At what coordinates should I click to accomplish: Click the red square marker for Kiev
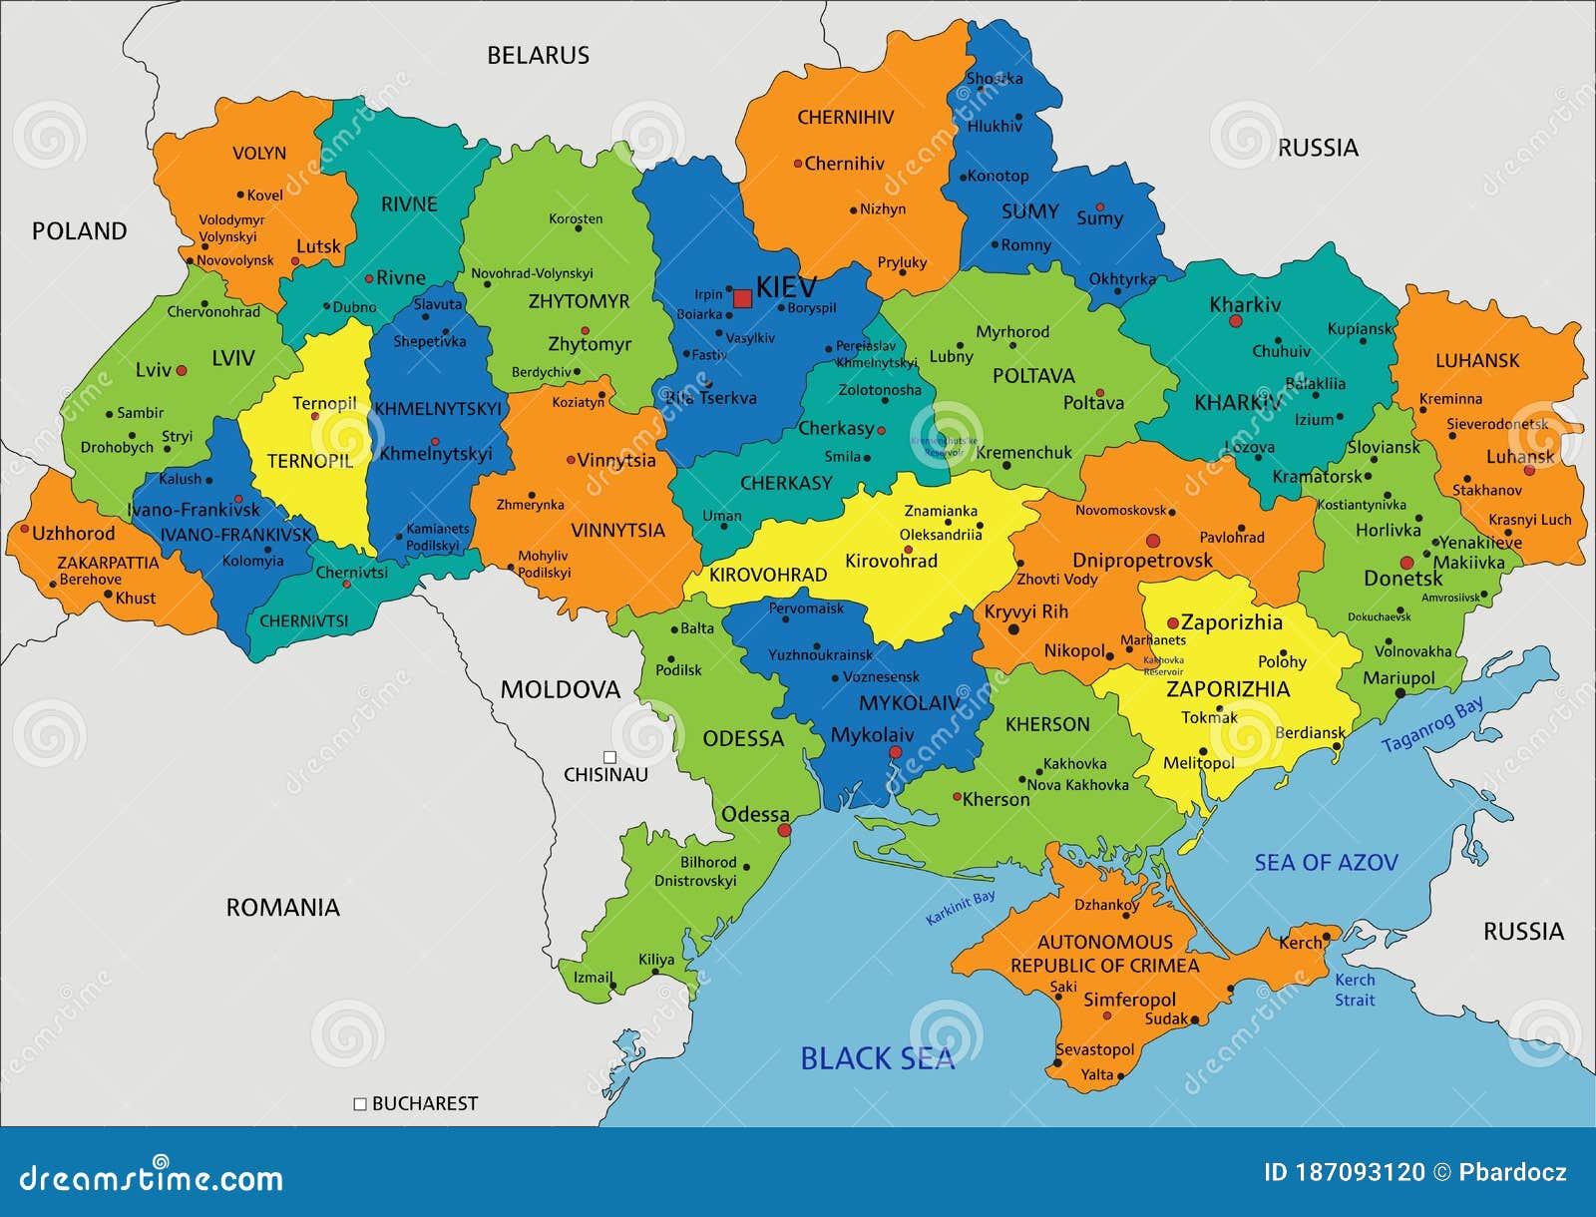coord(742,298)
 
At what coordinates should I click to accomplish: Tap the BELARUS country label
coord(538,56)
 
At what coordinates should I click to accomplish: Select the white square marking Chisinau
coord(609,757)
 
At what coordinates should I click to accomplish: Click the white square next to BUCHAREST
coord(360,1103)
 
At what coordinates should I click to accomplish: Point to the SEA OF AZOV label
coord(1326,863)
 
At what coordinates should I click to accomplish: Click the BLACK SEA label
coord(877,1058)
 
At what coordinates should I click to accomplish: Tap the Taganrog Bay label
coord(1432,725)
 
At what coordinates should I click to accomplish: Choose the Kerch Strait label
coord(1355,990)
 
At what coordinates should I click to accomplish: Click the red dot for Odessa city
coord(784,830)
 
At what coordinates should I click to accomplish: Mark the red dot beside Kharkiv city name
coord(1235,321)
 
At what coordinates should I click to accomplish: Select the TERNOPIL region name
coord(309,461)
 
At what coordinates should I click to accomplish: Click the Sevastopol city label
coord(1095,1049)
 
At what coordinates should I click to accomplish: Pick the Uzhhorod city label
coord(73,534)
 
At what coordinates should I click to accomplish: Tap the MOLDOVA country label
coord(560,689)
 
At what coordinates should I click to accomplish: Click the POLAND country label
coord(80,231)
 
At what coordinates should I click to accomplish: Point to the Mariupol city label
coord(1398,678)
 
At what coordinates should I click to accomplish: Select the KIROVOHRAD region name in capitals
coord(768,575)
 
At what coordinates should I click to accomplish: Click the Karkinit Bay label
coord(960,908)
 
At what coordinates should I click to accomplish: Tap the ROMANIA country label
coord(282,907)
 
